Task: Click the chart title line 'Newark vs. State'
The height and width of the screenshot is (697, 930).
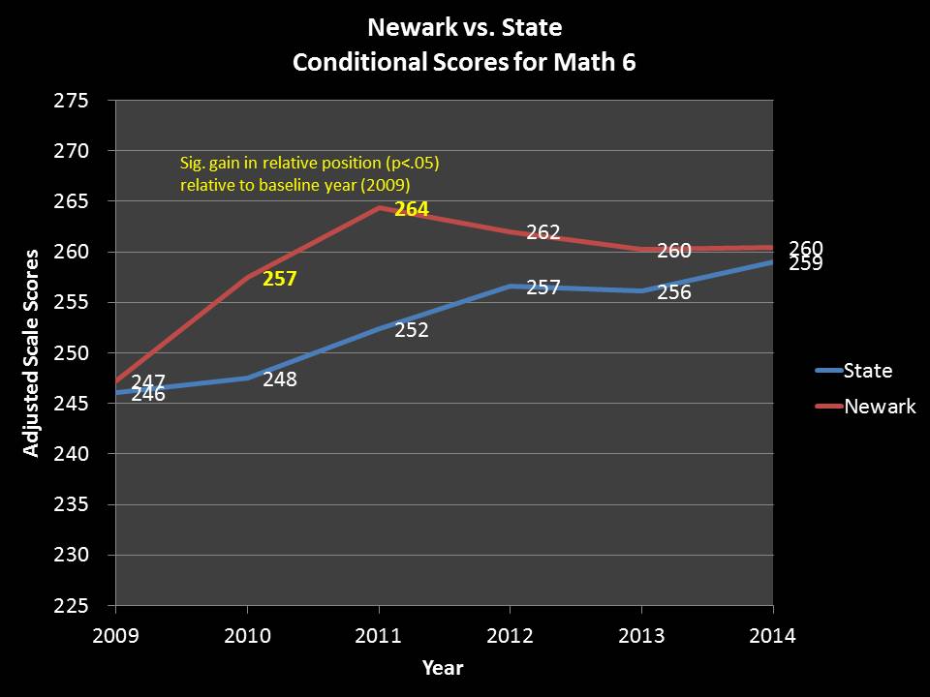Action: pos(465,26)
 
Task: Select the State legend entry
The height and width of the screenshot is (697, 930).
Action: pos(868,370)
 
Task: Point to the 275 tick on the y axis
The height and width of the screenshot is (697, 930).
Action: pos(73,101)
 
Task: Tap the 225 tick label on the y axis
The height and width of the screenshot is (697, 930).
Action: pos(73,606)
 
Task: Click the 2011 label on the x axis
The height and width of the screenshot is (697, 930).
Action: pos(379,636)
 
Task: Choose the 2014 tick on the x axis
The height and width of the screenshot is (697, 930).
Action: pos(773,636)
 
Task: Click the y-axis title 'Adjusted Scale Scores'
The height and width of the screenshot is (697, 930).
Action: pos(32,352)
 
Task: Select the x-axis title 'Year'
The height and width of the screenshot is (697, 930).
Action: pos(443,668)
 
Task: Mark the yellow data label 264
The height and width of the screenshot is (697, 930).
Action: pos(412,209)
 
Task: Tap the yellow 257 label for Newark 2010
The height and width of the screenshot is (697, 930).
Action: pos(280,280)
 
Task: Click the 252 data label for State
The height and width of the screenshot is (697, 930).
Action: pos(412,330)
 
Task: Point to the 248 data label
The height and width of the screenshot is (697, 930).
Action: pos(280,379)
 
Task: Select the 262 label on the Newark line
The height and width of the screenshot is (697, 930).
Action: pos(543,233)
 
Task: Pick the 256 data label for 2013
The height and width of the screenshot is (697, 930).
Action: pos(674,291)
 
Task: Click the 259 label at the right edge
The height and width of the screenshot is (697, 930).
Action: pos(806,262)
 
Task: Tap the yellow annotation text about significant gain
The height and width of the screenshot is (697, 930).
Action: pos(311,171)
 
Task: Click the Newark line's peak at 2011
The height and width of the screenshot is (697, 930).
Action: pos(379,207)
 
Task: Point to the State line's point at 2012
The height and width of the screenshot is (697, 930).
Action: pos(511,286)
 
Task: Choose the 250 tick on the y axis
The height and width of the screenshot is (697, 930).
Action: pos(73,353)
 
